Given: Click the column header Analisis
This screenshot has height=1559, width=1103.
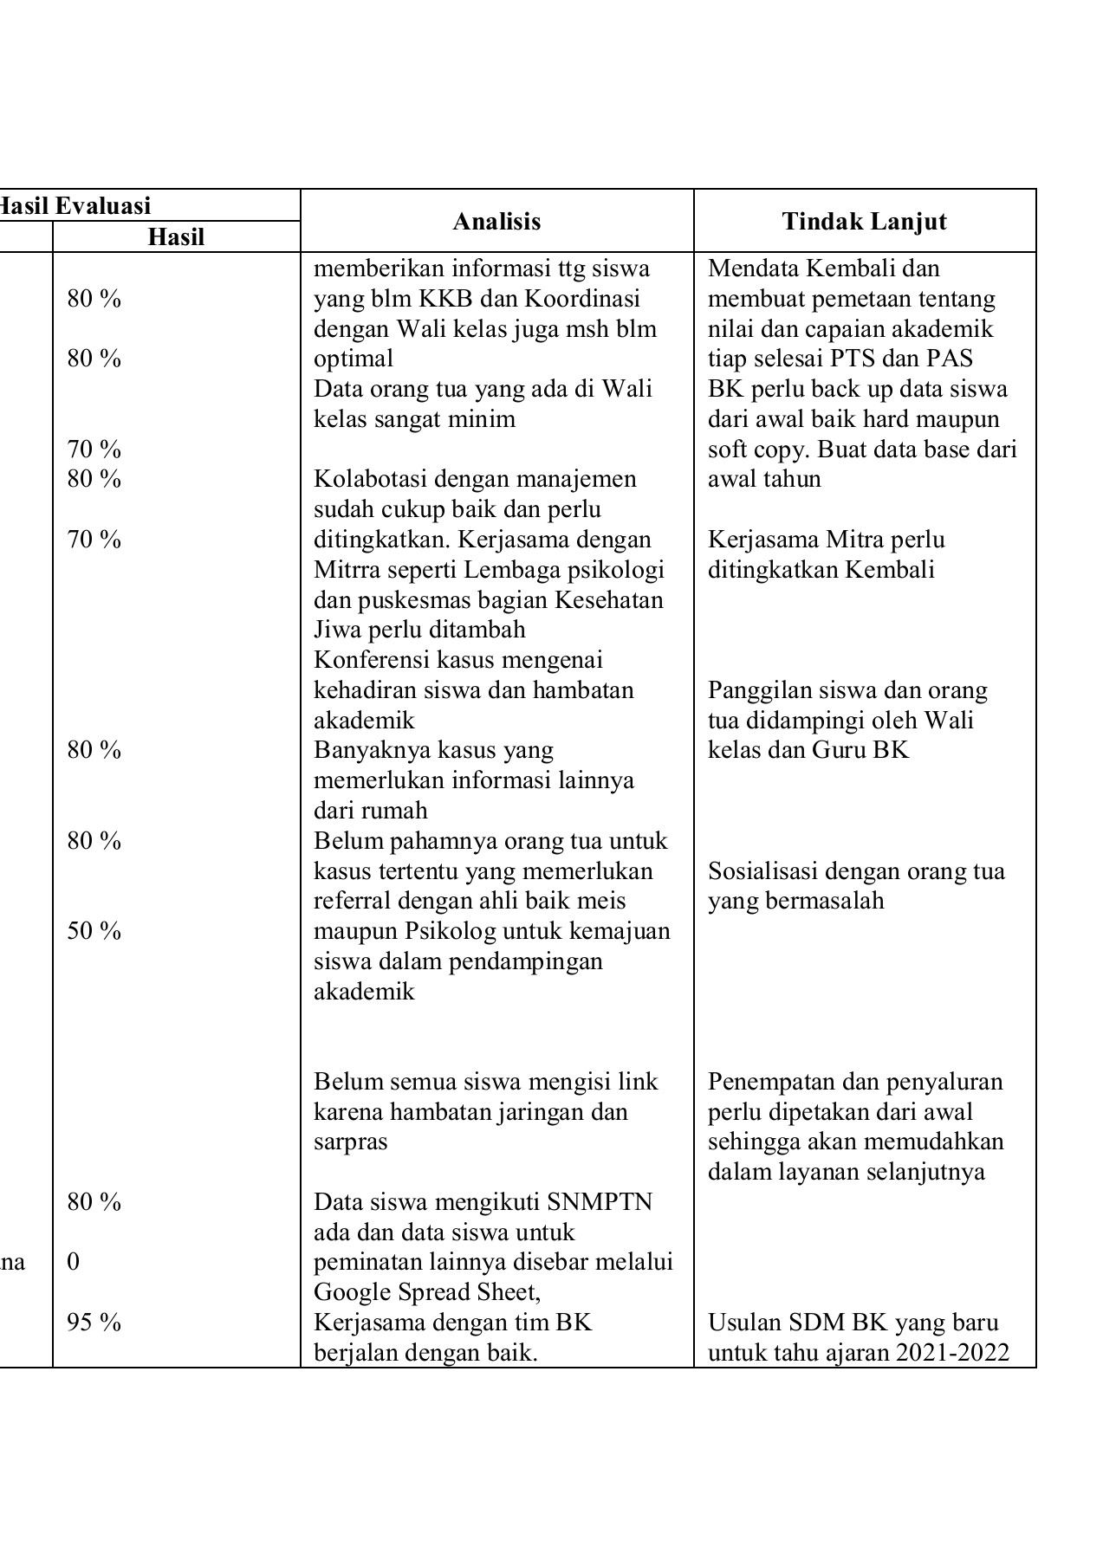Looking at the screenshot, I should pos(496,222).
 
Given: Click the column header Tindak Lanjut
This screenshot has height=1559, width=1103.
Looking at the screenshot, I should pos(864,222).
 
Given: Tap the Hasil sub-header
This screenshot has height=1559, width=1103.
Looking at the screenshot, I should pos(176,237).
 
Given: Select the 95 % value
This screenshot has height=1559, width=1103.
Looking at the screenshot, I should pos(94,1323).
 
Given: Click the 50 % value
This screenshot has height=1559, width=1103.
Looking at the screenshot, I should pos(94,931).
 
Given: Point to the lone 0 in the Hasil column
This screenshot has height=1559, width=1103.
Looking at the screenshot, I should pos(73,1262).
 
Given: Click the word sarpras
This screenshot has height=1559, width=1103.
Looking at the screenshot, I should pos(350,1142).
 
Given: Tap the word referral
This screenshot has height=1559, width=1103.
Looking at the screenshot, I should pos(352,901).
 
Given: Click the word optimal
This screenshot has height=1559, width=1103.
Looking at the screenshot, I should pos(353,359).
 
